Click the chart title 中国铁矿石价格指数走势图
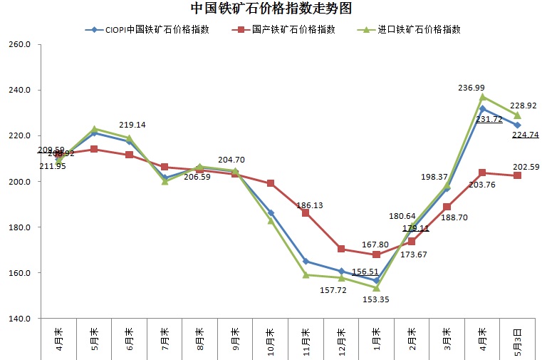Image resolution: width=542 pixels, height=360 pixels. (271, 9)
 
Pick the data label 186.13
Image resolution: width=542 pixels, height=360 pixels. (308, 205)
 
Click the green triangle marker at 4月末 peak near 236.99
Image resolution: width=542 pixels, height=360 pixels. (483, 97)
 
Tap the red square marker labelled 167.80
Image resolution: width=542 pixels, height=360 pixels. (376, 254)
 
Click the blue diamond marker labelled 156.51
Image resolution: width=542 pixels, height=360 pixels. (376, 280)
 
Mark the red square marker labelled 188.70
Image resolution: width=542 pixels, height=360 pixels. (447, 207)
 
